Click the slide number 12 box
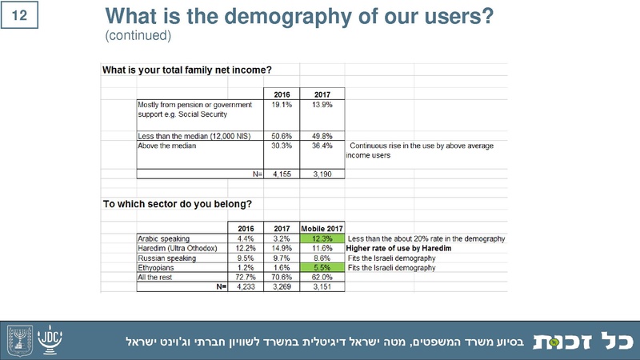[x=22, y=16]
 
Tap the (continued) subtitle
[x=138, y=36]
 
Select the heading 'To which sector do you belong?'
[x=178, y=204]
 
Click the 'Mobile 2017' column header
[x=322, y=227]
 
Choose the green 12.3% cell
[x=323, y=238]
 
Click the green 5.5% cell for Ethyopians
[x=323, y=268]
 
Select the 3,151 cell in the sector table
[x=322, y=287]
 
